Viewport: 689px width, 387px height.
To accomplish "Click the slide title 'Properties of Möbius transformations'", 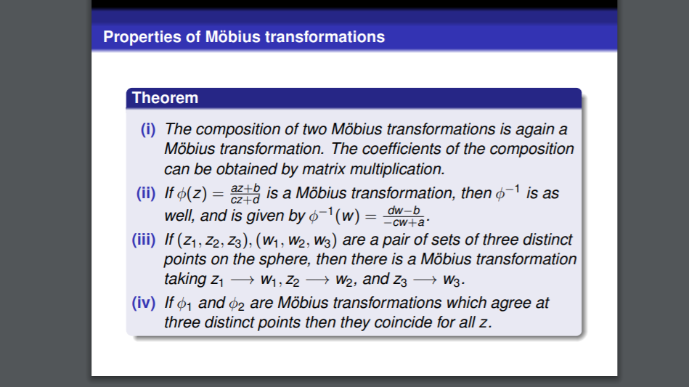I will (x=244, y=36).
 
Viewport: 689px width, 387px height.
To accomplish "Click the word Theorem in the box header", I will (x=165, y=98).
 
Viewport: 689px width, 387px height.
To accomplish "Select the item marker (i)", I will (x=148, y=129).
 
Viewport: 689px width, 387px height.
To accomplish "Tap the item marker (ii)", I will (x=147, y=194).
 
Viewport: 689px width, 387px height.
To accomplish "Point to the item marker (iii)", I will (x=144, y=240).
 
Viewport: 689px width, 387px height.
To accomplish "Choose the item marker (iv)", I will (x=144, y=303).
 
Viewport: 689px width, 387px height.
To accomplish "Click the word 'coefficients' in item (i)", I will (x=415, y=150).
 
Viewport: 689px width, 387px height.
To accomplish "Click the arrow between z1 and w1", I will (x=241, y=280).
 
